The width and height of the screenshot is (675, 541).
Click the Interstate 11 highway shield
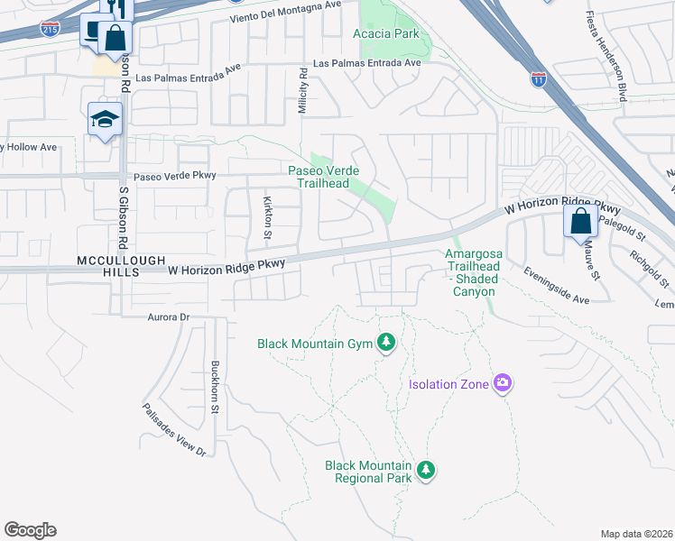coord(539,78)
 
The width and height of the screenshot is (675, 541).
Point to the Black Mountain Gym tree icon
coord(386,342)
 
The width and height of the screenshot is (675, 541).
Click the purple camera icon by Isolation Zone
coord(503,384)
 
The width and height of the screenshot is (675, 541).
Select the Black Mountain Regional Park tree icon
coord(426,470)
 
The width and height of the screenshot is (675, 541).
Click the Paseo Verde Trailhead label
coord(323,177)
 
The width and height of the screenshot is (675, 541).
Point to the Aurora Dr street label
coord(169,317)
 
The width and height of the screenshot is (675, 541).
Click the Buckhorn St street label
coord(215,388)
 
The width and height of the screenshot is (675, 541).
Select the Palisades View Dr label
coord(173,428)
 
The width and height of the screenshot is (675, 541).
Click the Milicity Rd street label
coord(303,94)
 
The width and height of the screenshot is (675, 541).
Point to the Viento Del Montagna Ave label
coord(273,11)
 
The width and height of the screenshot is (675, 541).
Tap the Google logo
coord(30,530)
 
